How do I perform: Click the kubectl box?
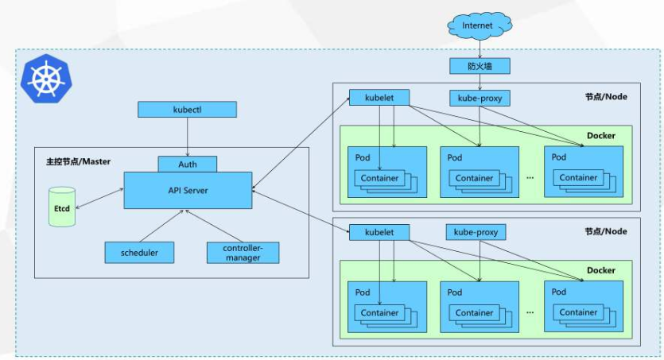point(187,109)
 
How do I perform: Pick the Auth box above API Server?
point(187,164)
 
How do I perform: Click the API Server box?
point(188,190)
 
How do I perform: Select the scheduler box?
point(139,253)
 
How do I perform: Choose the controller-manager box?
point(243,253)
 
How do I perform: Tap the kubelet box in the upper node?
point(379,98)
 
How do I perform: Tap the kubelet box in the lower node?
point(379,232)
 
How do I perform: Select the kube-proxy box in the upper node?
point(479,98)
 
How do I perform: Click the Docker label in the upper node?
point(600,135)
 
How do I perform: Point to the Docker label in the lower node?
point(600,270)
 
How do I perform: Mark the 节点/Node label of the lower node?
point(605,231)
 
